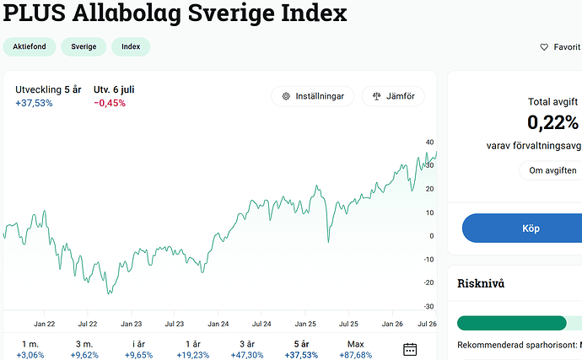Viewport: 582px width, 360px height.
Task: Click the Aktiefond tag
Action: pyautogui.click(x=30, y=46)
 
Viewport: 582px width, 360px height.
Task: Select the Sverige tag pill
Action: pyautogui.click(x=84, y=46)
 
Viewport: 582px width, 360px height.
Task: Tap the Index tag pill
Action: pyautogui.click(x=131, y=46)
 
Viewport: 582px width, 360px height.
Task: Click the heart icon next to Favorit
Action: pyautogui.click(x=544, y=47)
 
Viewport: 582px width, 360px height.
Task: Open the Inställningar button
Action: pyautogui.click(x=313, y=96)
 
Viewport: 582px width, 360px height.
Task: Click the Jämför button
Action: pyautogui.click(x=393, y=96)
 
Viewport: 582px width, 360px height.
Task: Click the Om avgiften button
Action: pyautogui.click(x=552, y=170)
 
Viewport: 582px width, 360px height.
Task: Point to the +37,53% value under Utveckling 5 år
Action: pyautogui.click(x=34, y=103)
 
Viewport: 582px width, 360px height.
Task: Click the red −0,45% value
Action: pyautogui.click(x=110, y=103)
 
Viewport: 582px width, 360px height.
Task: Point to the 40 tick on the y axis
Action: pyautogui.click(x=429, y=142)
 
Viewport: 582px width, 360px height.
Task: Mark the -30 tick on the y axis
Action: pyautogui.click(x=428, y=307)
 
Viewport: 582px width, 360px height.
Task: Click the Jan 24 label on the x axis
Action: pyautogui.click(x=218, y=324)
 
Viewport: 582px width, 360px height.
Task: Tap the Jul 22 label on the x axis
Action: pyautogui.click(x=88, y=324)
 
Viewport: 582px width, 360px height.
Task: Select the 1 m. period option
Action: pyautogui.click(x=30, y=349)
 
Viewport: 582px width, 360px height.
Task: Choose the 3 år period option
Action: pyautogui.click(x=247, y=349)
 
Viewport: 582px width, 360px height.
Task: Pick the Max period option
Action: pyautogui.click(x=356, y=349)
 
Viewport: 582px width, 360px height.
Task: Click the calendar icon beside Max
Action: pyautogui.click(x=410, y=349)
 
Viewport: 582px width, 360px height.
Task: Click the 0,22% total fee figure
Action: pyautogui.click(x=552, y=122)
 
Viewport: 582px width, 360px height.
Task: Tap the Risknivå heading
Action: pyautogui.click(x=481, y=283)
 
